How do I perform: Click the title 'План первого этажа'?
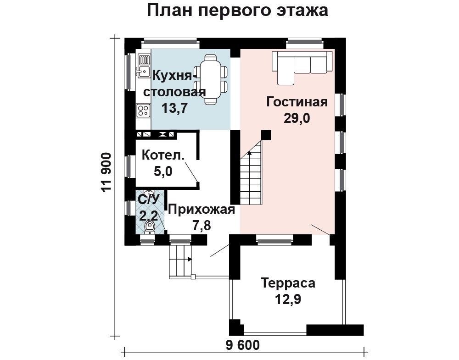pos(237,11)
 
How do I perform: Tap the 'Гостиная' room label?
pos(297,102)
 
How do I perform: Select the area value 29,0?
pos(297,118)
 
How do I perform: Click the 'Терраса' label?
pos(288,283)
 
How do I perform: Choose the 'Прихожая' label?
pos(201,210)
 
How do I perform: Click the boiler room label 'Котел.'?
pos(163,155)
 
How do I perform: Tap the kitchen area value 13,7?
pos(175,108)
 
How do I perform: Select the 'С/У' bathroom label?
pos(149,199)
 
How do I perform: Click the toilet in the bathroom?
pos(149,227)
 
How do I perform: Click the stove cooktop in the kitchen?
pos(143,110)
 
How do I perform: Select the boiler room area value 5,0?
pos(163,172)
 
